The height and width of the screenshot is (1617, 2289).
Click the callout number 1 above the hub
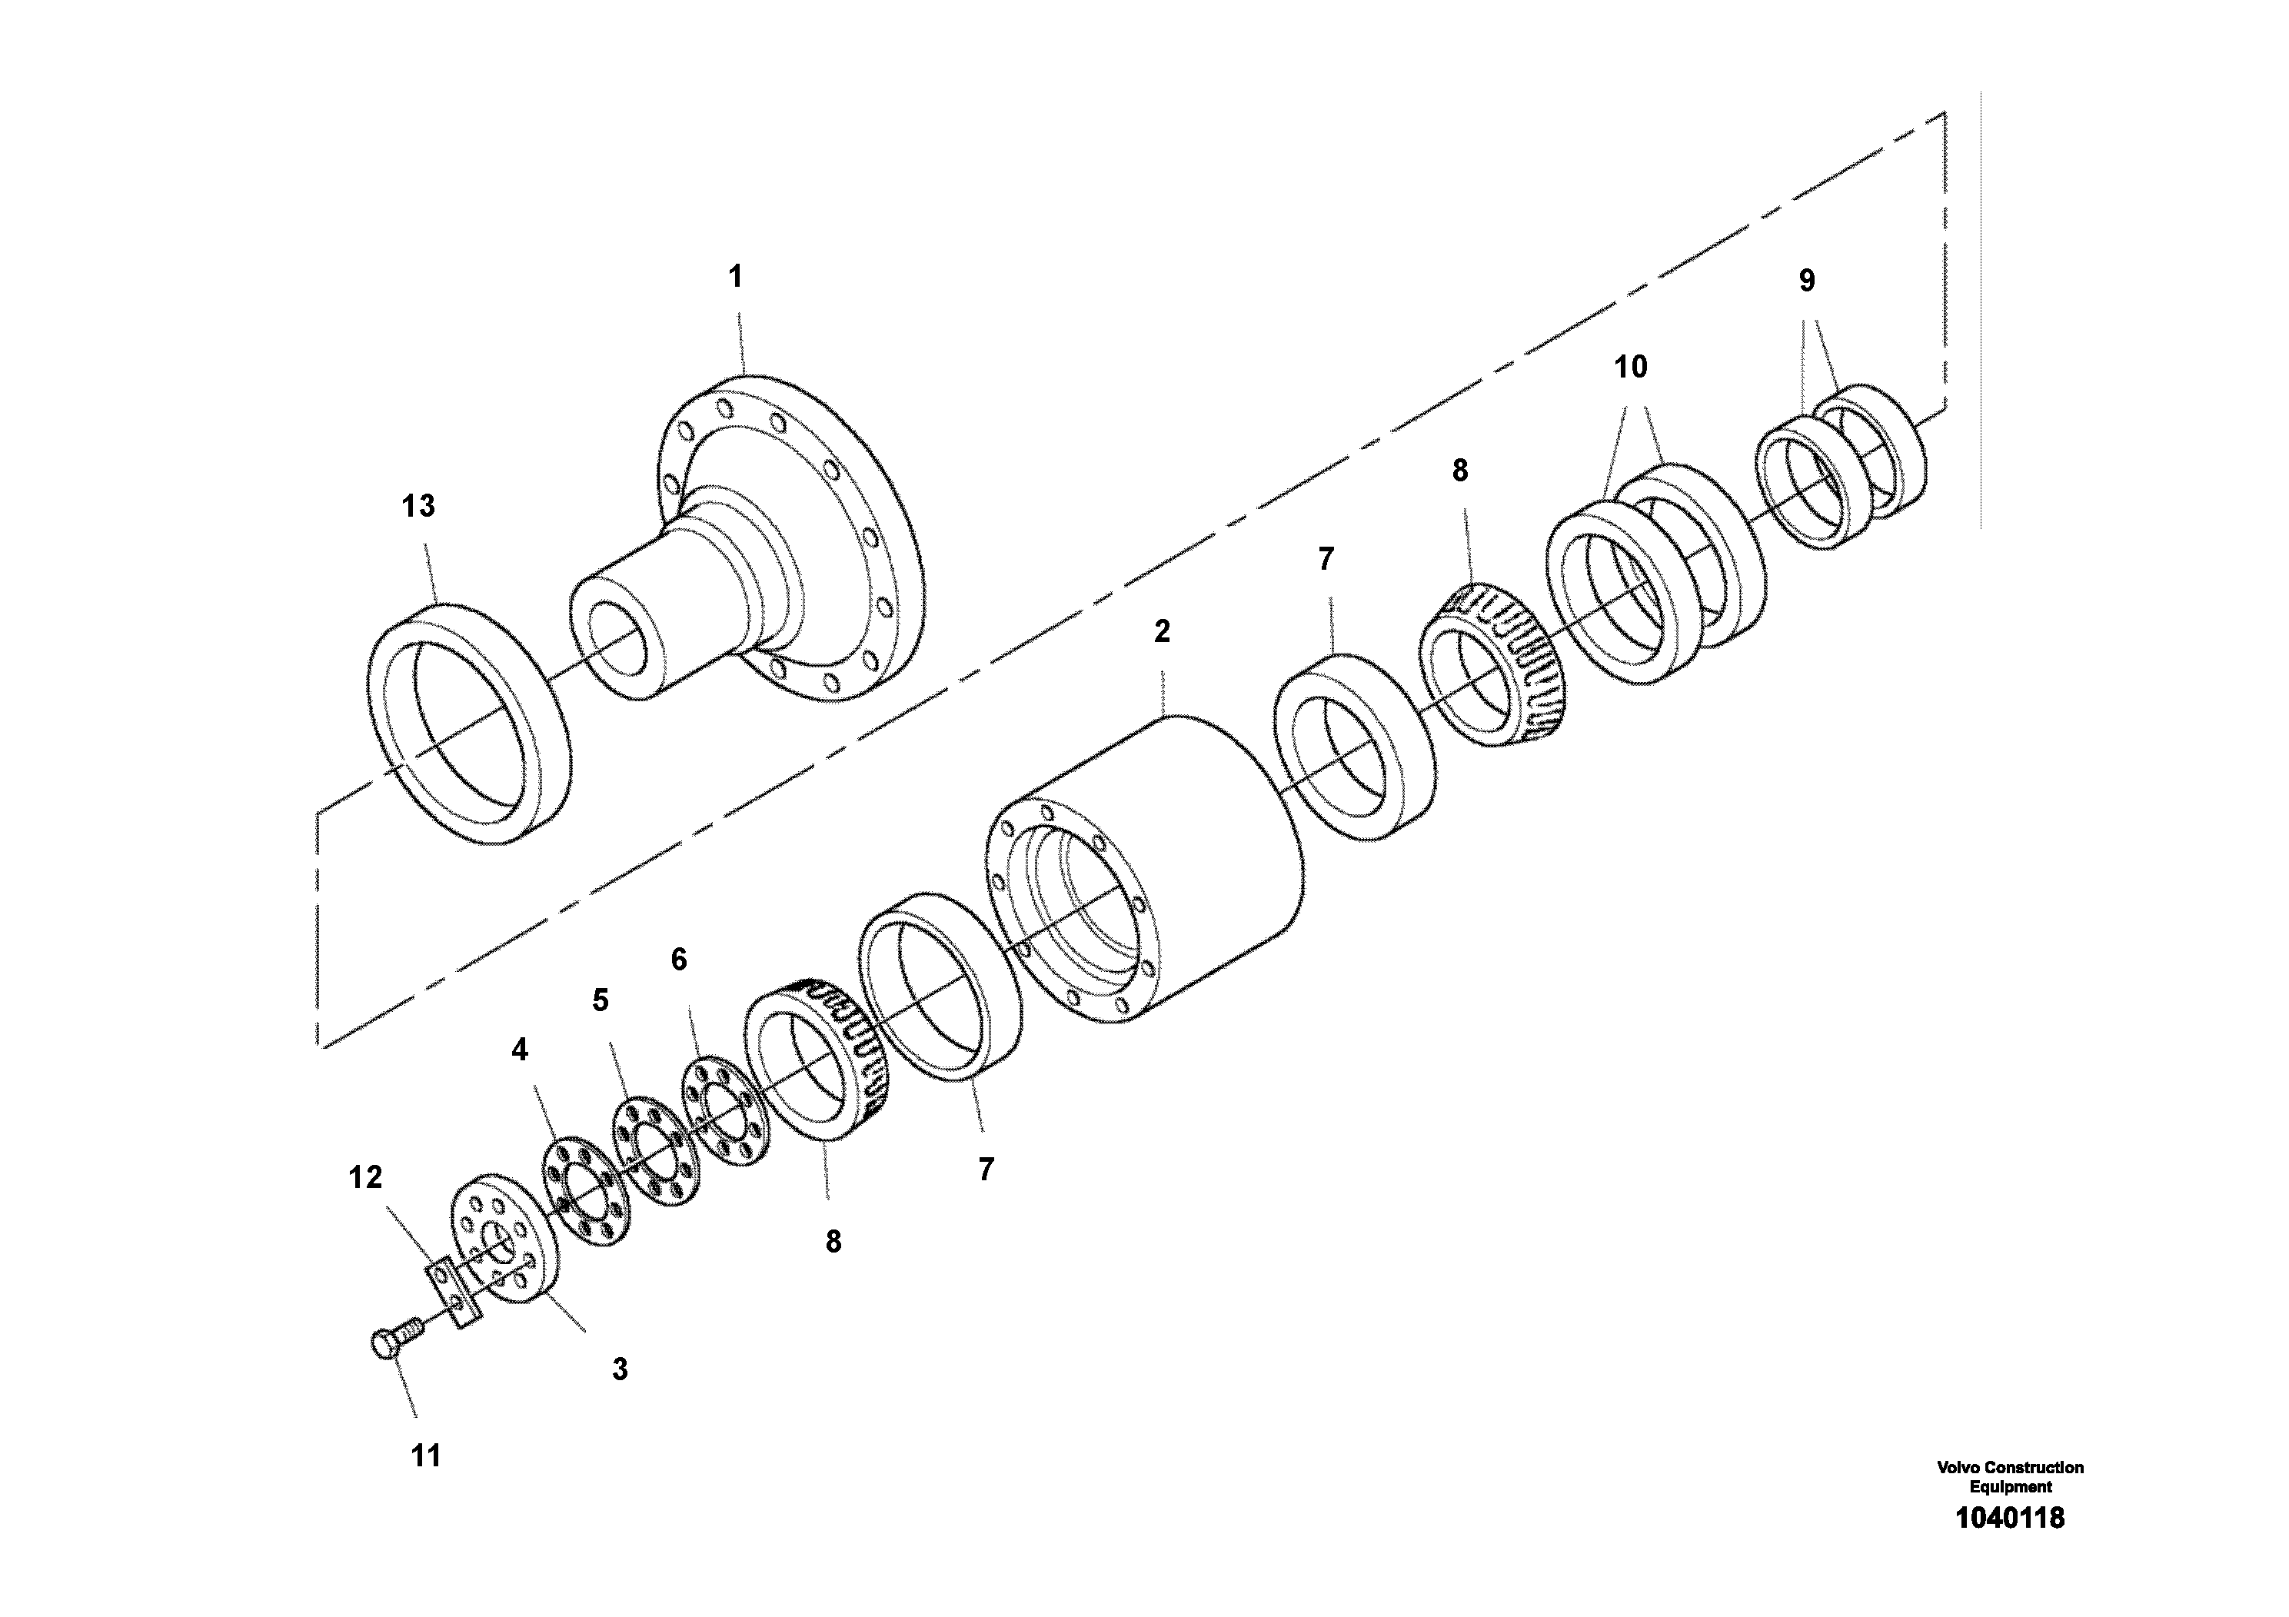736,277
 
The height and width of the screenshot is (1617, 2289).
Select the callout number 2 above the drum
1162,631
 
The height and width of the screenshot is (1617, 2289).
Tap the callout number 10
1630,368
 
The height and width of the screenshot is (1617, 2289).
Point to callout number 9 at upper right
1806,281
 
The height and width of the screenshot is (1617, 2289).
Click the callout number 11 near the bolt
426,1456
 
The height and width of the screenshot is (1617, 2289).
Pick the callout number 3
620,1369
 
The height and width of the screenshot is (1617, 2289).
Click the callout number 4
520,1050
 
